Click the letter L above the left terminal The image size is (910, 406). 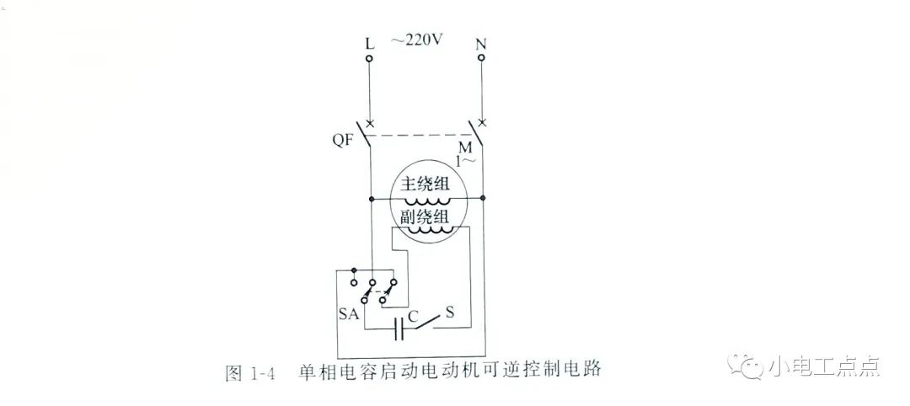[x=370, y=44]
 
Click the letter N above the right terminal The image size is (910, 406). [x=480, y=44]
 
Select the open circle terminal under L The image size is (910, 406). [x=369, y=58]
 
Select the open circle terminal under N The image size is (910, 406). [x=481, y=58]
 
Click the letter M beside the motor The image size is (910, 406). [x=465, y=148]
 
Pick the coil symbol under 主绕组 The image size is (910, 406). [x=427, y=200]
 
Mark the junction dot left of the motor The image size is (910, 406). [x=370, y=198]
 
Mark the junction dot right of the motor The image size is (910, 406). [x=483, y=198]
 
